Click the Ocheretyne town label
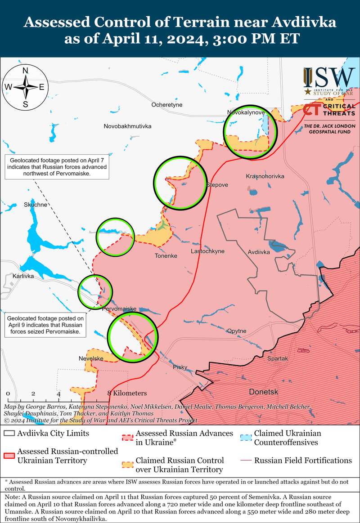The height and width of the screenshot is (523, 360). (x=166, y=105)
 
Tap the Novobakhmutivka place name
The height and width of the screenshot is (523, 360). (x=127, y=126)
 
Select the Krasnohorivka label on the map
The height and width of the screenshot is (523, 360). (x=265, y=176)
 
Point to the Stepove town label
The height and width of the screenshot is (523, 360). (x=217, y=185)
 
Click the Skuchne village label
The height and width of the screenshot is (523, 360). (x=36, y=205)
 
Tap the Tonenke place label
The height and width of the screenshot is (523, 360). (x=166, y=256)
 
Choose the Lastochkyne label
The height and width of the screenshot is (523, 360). (x=207, y=251)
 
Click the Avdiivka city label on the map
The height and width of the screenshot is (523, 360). (x=259, y=252)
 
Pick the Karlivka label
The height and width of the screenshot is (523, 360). (x=23, y=276)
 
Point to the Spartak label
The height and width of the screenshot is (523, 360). (x=277, y=358)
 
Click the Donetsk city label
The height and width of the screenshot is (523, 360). (x=263, y=392)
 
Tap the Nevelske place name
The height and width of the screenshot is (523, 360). (x=91, y=358)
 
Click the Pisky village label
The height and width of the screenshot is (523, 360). (x=180, y=367)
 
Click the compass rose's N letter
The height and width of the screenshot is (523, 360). (x=26, y=70)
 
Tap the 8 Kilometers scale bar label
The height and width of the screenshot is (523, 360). (x=127, y=393)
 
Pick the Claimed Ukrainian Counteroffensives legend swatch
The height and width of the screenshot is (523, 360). (x=245, y=438)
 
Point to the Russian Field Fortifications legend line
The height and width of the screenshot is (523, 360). (x=245, y=460)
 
